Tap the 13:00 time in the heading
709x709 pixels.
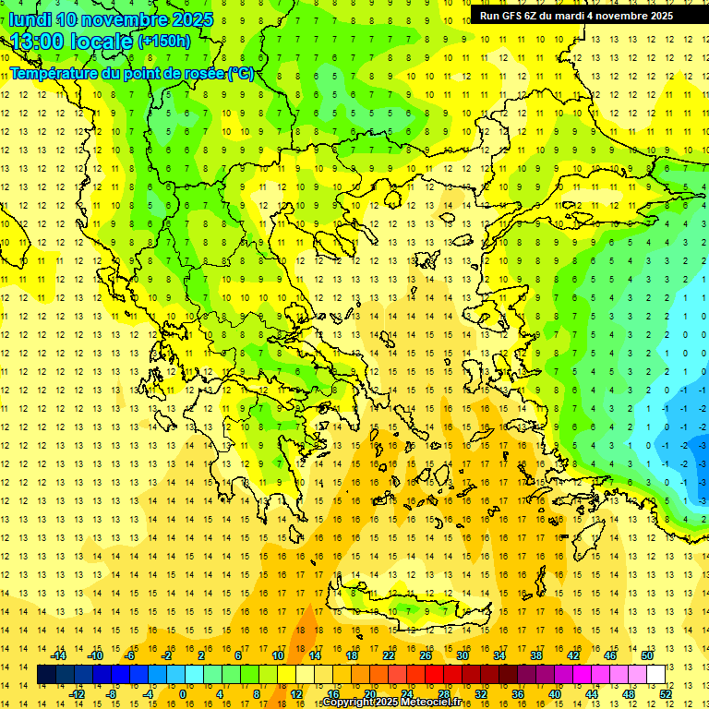pos(42,42)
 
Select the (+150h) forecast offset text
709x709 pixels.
pos(164,42)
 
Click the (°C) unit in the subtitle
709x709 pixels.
pos(241,73)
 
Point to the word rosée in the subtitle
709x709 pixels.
pos(203,73)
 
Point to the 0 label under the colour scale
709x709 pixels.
pos(183,694)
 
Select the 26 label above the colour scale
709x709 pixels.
pos(425,655)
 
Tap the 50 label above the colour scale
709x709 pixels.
pos(646,655)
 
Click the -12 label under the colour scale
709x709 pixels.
pos(77,694)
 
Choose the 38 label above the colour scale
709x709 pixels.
pos(535,655)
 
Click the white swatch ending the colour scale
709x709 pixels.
pos(655,675)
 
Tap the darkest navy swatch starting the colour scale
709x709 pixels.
pos(46,675)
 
